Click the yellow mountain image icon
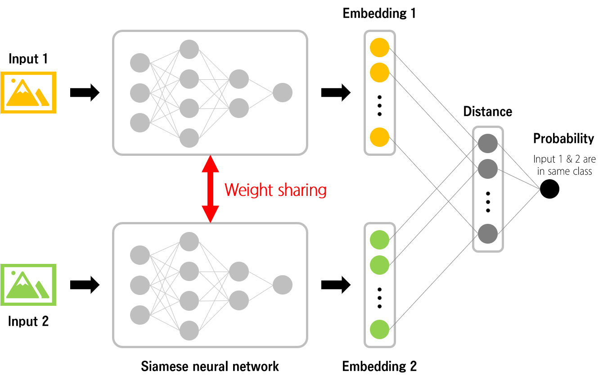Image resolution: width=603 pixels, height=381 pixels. pos(28,92)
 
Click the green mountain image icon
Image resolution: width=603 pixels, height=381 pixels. pos(28,285)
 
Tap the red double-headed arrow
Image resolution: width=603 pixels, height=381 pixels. pos(210,189)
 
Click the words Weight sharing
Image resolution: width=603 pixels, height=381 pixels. pos(275,190)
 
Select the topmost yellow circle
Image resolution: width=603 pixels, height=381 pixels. pos(379,48)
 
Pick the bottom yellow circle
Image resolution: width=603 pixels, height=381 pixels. pos(379,137)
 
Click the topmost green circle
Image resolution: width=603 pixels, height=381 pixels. pos(379,240)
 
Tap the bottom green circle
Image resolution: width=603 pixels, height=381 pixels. pos(379,329)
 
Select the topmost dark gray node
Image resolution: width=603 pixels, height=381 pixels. pos(488,144)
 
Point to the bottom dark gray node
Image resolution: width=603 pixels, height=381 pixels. pos(488,234)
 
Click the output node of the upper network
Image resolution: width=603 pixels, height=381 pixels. pos(283,93)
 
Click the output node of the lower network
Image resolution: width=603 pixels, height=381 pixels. pos(283,285)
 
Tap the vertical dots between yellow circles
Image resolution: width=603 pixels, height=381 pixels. pos(379,105)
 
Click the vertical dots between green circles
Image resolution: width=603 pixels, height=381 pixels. pos(379,298)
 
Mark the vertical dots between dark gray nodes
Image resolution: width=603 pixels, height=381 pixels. pos(488,202)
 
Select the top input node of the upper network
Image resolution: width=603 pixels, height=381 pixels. pos(140,63)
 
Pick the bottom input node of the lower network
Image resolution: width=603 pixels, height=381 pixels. pos(140,315)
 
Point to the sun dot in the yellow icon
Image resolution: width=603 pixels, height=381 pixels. pos(13,81)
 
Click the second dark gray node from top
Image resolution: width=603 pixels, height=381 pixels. pos(488,169)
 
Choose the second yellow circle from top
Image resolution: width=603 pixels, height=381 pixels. pos(379,73)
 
